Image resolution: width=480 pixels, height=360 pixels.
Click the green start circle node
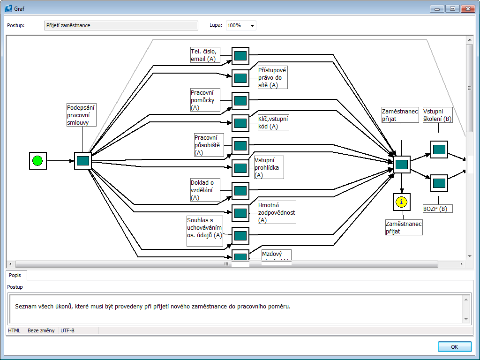(x=37, y=161)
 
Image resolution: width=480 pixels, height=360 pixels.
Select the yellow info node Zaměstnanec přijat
(x=401, y=202)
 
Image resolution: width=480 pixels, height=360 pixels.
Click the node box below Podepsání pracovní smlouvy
(x=83, y=161)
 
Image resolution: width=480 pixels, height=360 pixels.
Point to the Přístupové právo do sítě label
(x=272, y=77)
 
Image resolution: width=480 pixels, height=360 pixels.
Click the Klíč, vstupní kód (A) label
(x=273, y=122)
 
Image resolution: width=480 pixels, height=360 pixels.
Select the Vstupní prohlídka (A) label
(x=269, y=167)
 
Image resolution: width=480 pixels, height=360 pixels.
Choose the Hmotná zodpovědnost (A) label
(x=277, y=212)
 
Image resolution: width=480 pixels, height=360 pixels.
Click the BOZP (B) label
(x=437, y=209)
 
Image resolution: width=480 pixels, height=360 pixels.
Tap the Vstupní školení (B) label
(x=437, y=115)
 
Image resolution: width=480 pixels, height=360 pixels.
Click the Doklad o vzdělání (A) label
(x=205, y=190)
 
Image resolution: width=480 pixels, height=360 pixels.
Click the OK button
(x=454, y=347)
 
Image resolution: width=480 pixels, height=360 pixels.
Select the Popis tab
(x=16, y=275)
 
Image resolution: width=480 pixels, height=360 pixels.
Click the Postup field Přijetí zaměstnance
(x=121, y=25)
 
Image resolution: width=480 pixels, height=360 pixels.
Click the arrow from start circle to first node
(x=60, y=161)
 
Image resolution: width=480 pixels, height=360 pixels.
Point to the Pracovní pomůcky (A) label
(x=205, y=100)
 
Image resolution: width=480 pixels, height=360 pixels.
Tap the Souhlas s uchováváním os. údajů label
(x=204, y=230)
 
